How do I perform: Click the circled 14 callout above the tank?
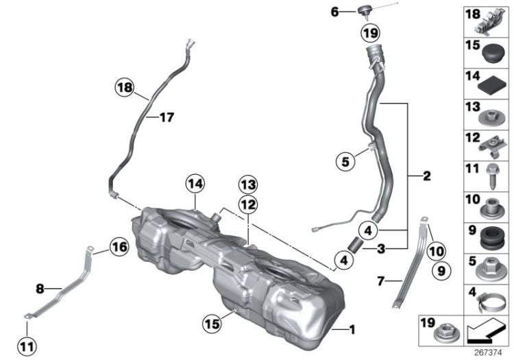[195, 184]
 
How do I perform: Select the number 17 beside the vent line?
[167, 117]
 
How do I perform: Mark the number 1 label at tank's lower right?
[352, 331]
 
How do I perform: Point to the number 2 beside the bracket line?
[426, 177]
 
